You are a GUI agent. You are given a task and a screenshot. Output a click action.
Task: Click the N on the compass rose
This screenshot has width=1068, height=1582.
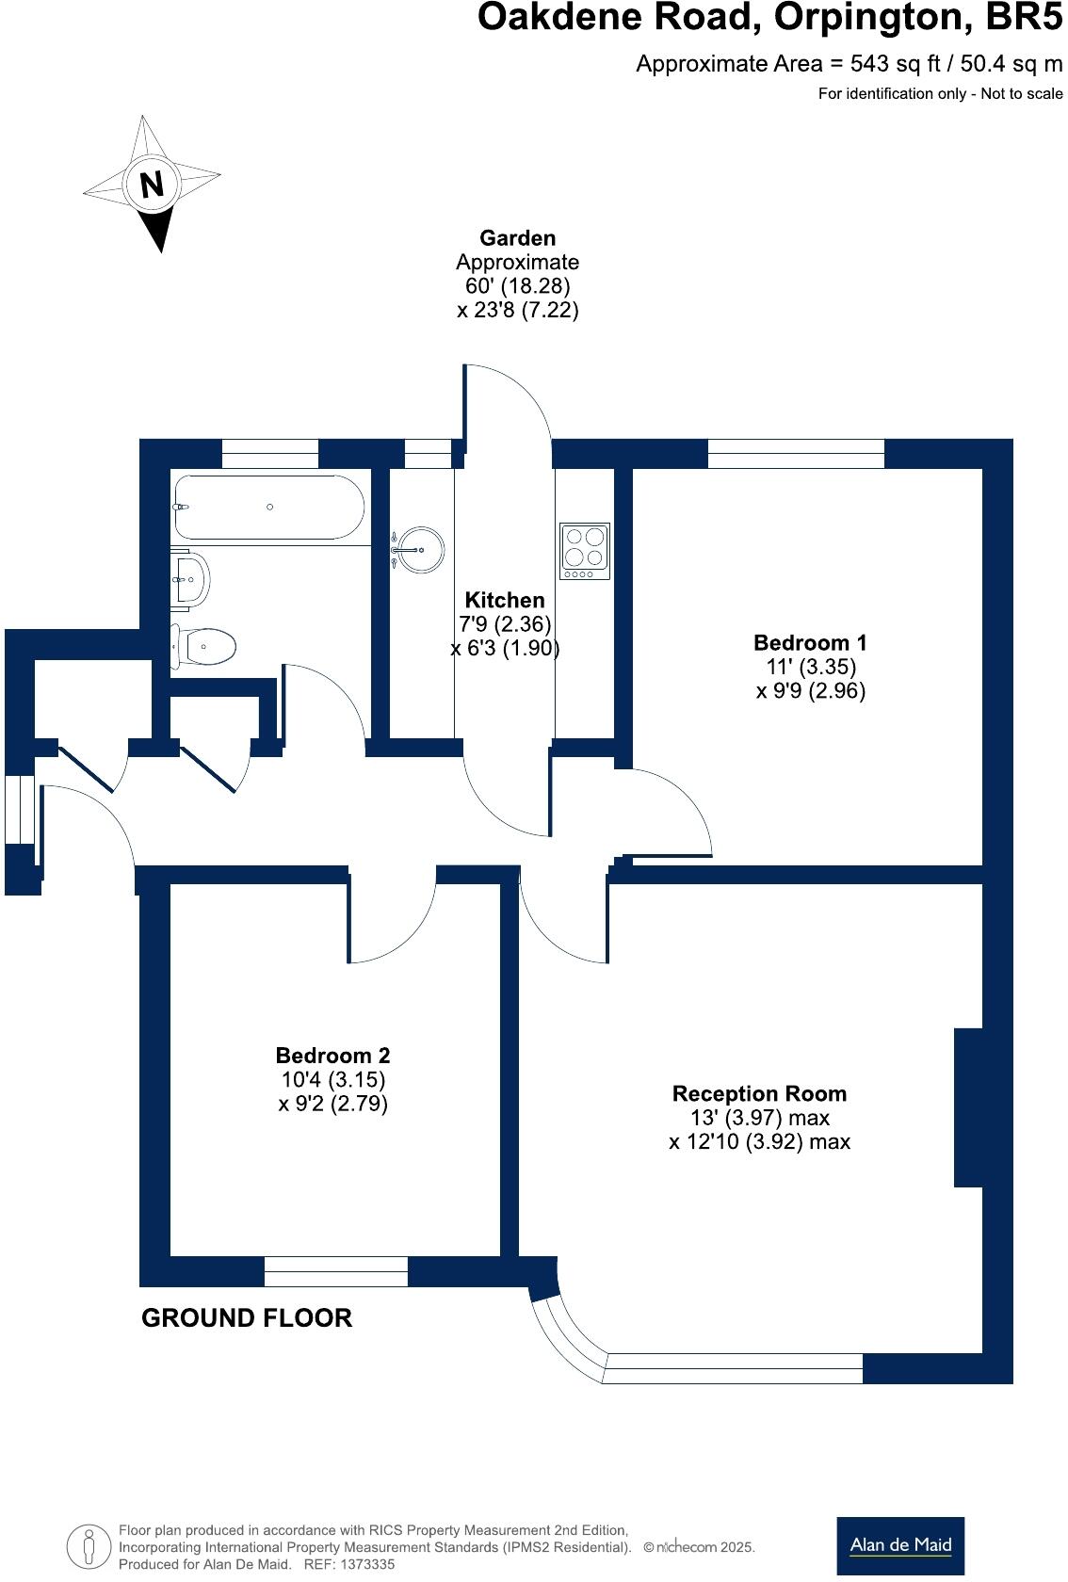(152, 184)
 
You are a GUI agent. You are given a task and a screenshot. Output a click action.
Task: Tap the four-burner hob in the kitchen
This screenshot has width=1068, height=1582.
(585, 551)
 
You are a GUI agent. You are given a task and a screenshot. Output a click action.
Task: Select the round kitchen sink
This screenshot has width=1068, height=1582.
(420, 548)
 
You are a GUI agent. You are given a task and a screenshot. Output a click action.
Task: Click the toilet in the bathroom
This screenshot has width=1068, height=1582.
(205, 646)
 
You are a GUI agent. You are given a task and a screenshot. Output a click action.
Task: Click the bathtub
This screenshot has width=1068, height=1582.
(268, 507)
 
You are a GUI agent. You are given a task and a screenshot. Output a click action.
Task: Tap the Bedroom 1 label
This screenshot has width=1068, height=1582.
(810, 643)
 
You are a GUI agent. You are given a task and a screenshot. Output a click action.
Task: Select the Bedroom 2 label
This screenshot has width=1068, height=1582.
(332, 1056)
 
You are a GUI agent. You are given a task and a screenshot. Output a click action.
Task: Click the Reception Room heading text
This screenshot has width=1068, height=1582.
(759, 1093)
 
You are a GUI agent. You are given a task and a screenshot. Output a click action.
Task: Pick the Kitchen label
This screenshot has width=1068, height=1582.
(505, 600)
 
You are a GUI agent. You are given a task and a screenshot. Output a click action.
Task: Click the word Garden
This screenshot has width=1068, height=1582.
(517, 238)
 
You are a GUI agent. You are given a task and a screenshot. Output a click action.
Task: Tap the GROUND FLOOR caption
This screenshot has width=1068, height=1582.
(247, 1317)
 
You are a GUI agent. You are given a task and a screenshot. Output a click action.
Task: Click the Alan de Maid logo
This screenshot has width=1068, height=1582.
(900, 1545)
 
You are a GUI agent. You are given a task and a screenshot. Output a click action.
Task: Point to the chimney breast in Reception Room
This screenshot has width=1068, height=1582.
(969, 1106)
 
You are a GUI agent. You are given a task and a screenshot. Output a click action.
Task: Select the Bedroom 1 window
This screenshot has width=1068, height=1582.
(796, 454)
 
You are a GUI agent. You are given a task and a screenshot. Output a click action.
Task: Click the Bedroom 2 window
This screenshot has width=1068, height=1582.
(335, 1271)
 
